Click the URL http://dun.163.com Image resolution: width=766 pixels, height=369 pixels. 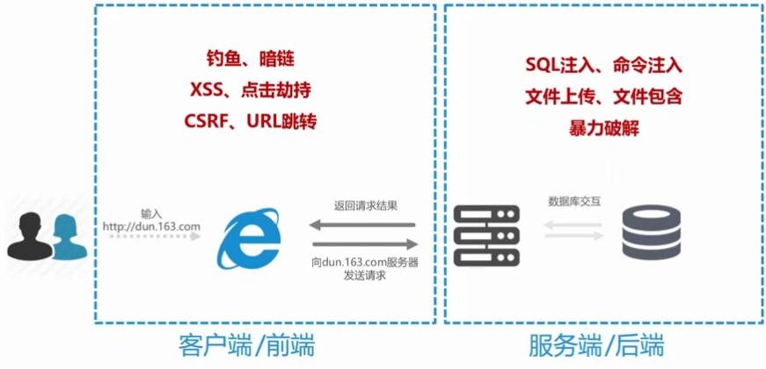click(x=151, y=228)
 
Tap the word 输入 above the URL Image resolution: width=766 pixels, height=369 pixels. click(x=151, y=213)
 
